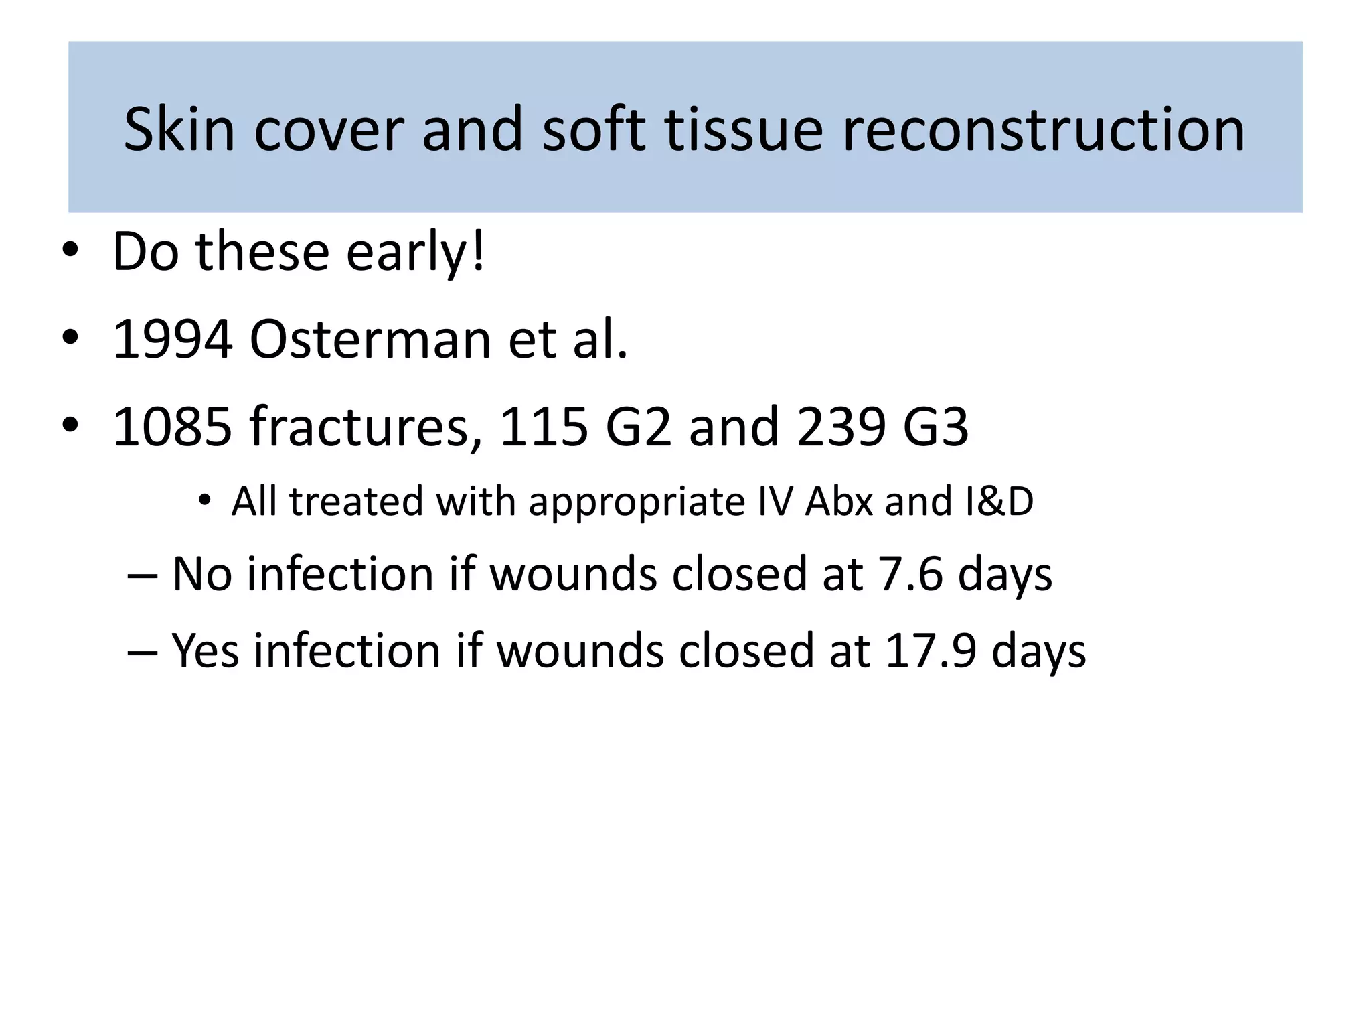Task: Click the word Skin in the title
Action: tap(179, 129)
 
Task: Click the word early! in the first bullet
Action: tap(415, 253)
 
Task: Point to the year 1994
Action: tap(173, 340)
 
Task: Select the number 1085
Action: tap(173, 427)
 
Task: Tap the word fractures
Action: tap(366, 427)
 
